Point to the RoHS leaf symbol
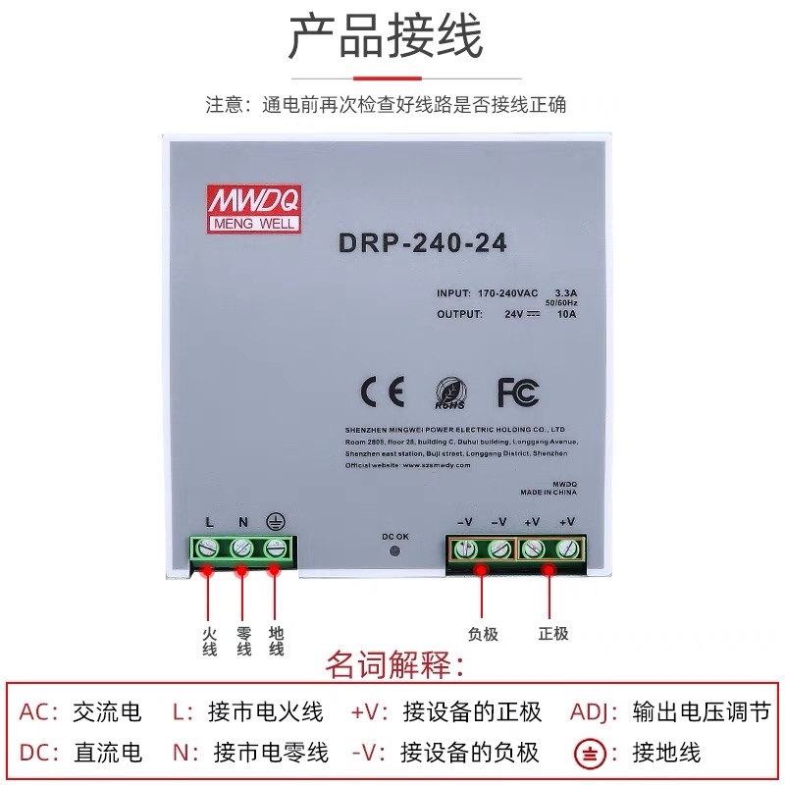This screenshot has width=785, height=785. pos(449,392)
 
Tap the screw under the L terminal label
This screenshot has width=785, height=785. pos(209,548)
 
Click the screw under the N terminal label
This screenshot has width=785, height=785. pos(242,548)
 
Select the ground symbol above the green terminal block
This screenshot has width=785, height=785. pos(276,522)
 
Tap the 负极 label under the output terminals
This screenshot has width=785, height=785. pos(483,634)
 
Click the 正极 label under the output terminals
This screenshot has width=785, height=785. pos(551,634)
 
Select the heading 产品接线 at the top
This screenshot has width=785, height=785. pos(386,39)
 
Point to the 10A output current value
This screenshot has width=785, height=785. pos(567,314)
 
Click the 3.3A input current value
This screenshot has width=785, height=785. pos(567,293)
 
